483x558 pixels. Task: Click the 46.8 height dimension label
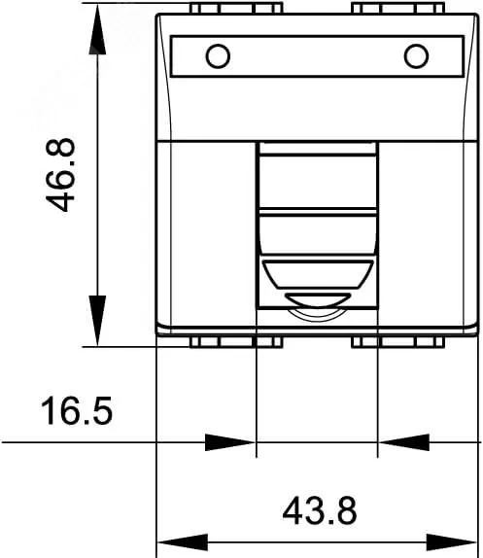point(60,175)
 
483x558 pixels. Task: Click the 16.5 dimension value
point(77,410)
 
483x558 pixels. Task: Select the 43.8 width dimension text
point(320,510)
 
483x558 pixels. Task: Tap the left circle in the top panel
point(218,56)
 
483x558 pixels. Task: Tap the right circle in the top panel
point(416,56)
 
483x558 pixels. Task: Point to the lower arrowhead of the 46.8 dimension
point(97,320)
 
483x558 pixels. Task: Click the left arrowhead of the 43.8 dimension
point(183,542)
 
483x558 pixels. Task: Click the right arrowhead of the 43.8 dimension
point(451,542)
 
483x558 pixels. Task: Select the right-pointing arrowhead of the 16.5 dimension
point(230,442)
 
